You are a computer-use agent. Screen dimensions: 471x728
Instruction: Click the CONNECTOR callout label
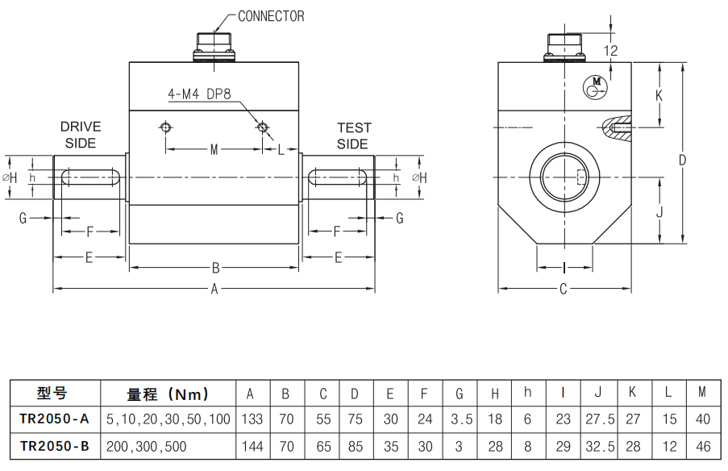pos(271,16)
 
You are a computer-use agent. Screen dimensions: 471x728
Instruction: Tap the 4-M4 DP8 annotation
pos(199,94)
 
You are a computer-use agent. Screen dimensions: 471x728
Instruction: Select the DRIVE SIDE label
pos(81,135)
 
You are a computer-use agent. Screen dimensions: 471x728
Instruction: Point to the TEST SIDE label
pos(353,135)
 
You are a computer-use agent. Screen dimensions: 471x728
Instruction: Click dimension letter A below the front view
pos(214,290)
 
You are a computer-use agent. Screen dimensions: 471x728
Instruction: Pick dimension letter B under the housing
pos(215,268)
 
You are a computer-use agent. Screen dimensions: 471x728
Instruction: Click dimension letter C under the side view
pos(564,289)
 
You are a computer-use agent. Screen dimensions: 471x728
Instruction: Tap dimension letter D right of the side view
pos(682,160)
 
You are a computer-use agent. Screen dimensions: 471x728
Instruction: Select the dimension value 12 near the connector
pos(610,50)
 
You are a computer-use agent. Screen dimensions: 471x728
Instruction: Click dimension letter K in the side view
pos(659,95)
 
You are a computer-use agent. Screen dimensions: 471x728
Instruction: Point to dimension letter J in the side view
pos(659,213)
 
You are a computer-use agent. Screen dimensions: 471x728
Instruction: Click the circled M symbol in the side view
pos(596,85)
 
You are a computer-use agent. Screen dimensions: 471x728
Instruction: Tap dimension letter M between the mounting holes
pos(214,149)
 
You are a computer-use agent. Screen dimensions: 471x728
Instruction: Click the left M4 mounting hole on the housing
pos(165,127)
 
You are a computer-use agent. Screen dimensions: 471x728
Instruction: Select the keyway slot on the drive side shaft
pos(90,177)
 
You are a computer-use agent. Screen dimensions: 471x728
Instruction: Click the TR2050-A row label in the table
pos(54,419)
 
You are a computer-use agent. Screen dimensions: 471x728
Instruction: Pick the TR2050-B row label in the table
pos(54,446)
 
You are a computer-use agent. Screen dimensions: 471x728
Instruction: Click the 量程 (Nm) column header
pos(168,394)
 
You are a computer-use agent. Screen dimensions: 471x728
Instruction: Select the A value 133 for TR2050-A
pos(250,419)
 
